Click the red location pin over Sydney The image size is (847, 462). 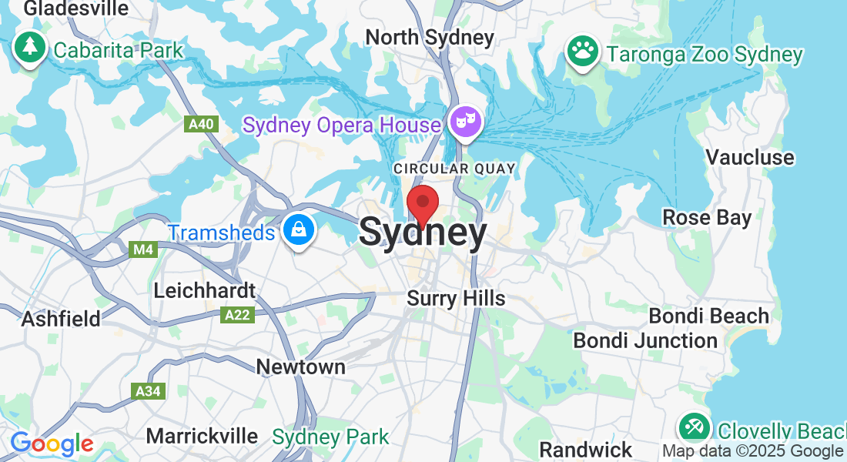pyautogui.click(x=422, y=204)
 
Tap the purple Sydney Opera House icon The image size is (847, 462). pyautogui.click(x=466, y=122)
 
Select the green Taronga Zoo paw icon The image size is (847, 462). pyautogui.click(x=583, y=52)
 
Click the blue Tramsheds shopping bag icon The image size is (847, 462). pyautogui.click(x=296, y=229)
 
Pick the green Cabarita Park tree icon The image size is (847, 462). pyautogui.click(x=30, y=48)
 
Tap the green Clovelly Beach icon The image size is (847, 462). pyautogui.click(x=693, y=427)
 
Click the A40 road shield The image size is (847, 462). pyautogui.click(x=200, y=124)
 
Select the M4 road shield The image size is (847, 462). pyautogui.click(x=143, y=249)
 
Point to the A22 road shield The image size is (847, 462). pyautogui.click(x=236, y=314)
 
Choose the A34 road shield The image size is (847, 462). pyautogui.click(x=147, y=391)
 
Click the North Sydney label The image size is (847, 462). pyautogui.click(x=430, y=37)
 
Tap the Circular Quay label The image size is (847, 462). pyautogui.click(x=454, y=168)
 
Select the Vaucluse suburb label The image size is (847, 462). pyautogui.click(x=749, y=157)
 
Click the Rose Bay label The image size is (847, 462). pyautogui.click(x=707, y=218)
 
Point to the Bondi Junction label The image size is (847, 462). pyautogui.click(x=645, y=340)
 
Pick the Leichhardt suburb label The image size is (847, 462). pyautogui.click(x=204, y=290)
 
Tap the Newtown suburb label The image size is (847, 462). pyautogui.click(x=300, y=367)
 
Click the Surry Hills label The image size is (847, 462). pyautogui.click(x=456, y=298)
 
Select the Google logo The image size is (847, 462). pyautogui.click(x=52, y=444)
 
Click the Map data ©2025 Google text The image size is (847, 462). pyautogui.click(x=752, y=451)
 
